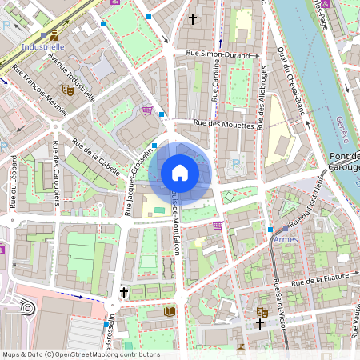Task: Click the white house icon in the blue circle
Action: (180, 173)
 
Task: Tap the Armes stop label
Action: (286, 240)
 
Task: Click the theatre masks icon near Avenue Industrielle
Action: (68, 90)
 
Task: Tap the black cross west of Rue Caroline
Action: (192, 17)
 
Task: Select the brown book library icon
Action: (169, 310)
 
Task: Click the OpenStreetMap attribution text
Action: (80, 354)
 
